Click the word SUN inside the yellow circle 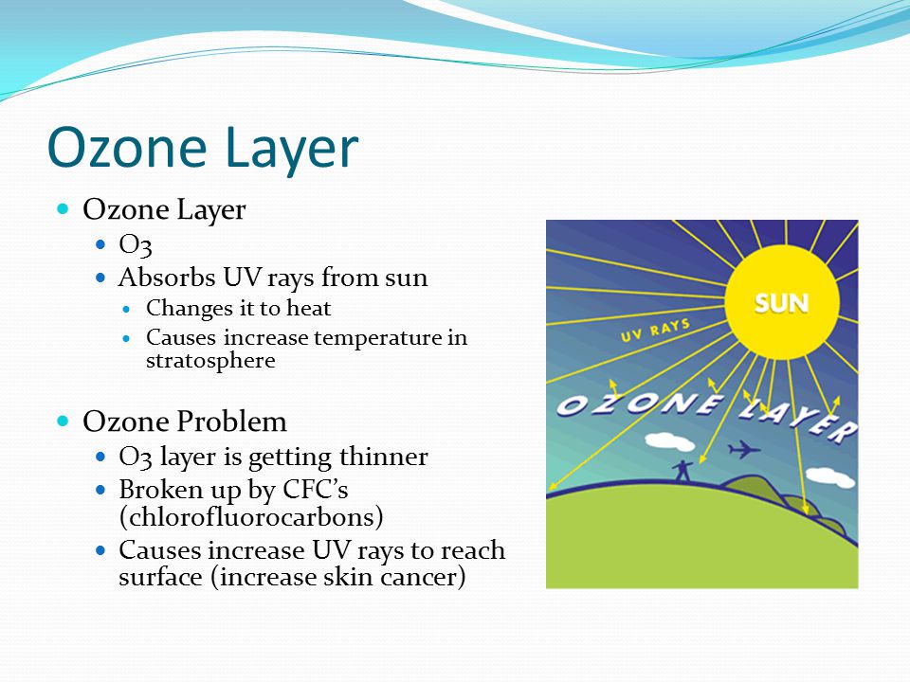(x=781, y=303)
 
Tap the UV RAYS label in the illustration (x=655, y=330)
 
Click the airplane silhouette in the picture (x=744, y=449)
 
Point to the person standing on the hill (x=682, y=471)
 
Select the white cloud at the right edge (x=830, y=476)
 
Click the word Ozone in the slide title (x=127, y=148)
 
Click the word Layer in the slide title (x=291, y=149)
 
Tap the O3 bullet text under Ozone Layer (x=136, y=244)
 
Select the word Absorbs (x=167, y=278)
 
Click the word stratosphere (x=210, y=361)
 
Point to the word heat (x=309, y=308)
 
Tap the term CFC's (x=315, y=490)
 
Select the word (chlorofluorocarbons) (x=250, y=517)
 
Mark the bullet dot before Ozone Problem (x=63, y=421)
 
